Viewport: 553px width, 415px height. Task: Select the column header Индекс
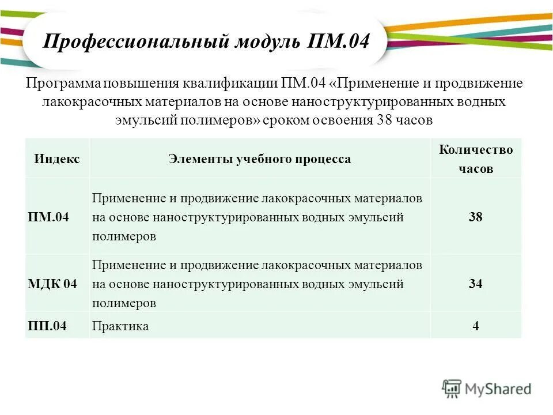point(57,159)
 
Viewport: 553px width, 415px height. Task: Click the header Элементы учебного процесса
point(259,159)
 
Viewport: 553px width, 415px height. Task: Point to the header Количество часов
point(476,159)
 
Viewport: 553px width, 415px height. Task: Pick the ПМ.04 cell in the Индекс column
point(48,217)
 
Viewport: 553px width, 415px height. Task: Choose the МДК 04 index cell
point(52,284)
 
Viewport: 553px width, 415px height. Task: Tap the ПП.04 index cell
point(47,326)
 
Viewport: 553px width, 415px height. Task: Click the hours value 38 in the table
point(476,217)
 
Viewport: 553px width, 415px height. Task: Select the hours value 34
point(476,284)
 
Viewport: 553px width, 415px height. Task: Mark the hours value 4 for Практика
point(476,326)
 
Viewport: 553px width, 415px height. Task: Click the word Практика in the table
point(120,326)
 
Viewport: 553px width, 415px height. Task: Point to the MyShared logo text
point(498,389)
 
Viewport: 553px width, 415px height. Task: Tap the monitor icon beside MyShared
point(452,388)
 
